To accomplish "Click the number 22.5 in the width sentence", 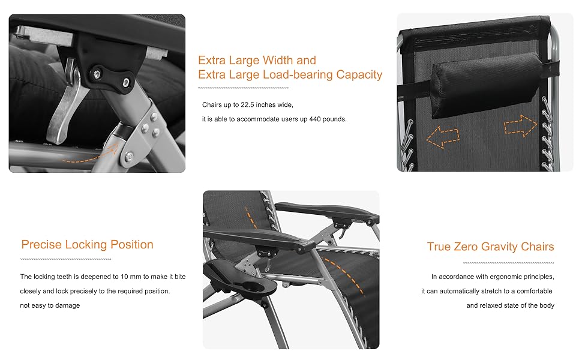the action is pos(247,105).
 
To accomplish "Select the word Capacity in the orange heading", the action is pos(359,75).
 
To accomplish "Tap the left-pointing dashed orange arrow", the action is pos(442,137).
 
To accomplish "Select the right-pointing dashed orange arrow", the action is pos(520,126).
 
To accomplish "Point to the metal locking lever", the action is pos(67,107).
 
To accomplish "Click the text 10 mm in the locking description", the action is pos(131,277).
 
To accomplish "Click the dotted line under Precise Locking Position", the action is pos(65,259).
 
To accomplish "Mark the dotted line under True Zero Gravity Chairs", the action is pos(509,263).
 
